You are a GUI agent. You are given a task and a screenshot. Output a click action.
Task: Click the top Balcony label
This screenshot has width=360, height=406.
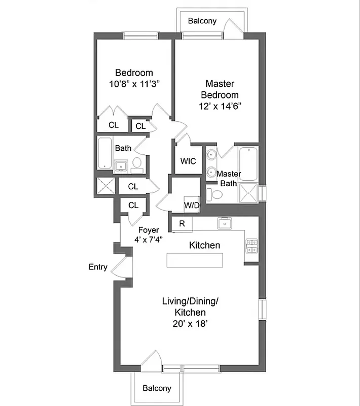point(202,21)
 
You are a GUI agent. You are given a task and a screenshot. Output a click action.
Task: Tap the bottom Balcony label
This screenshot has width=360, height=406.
point(157,388)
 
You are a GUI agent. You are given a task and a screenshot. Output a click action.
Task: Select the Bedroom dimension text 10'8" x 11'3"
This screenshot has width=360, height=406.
point(134,84)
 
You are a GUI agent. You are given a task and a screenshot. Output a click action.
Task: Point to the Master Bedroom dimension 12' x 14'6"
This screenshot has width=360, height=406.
point(220,106)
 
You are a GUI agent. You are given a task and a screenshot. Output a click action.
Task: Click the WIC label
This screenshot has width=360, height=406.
point(188,161)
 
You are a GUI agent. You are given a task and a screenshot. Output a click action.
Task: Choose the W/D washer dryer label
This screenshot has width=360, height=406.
point(191,205)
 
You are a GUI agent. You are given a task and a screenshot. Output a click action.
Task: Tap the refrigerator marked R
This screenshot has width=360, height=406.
point(182,223)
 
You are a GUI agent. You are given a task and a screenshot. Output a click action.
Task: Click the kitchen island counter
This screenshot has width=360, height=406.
point(195,260)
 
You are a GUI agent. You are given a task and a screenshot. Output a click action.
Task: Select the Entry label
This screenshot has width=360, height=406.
point(98,267)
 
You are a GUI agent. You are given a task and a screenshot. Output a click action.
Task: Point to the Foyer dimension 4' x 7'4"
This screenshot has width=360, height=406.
point(149,239)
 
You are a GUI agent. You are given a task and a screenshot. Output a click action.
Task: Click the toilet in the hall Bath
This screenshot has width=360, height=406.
point(137,163)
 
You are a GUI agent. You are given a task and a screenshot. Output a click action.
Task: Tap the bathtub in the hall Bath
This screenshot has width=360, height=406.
point(105,153)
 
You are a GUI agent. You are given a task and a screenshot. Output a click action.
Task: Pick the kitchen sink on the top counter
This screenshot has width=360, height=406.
point(223,223)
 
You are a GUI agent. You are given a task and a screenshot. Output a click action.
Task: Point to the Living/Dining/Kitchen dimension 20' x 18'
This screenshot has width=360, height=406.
point(190,323)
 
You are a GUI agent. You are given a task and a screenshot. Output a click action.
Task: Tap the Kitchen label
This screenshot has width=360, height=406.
point(204,245)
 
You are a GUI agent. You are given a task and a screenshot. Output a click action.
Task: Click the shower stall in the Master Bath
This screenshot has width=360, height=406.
point(248,193)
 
